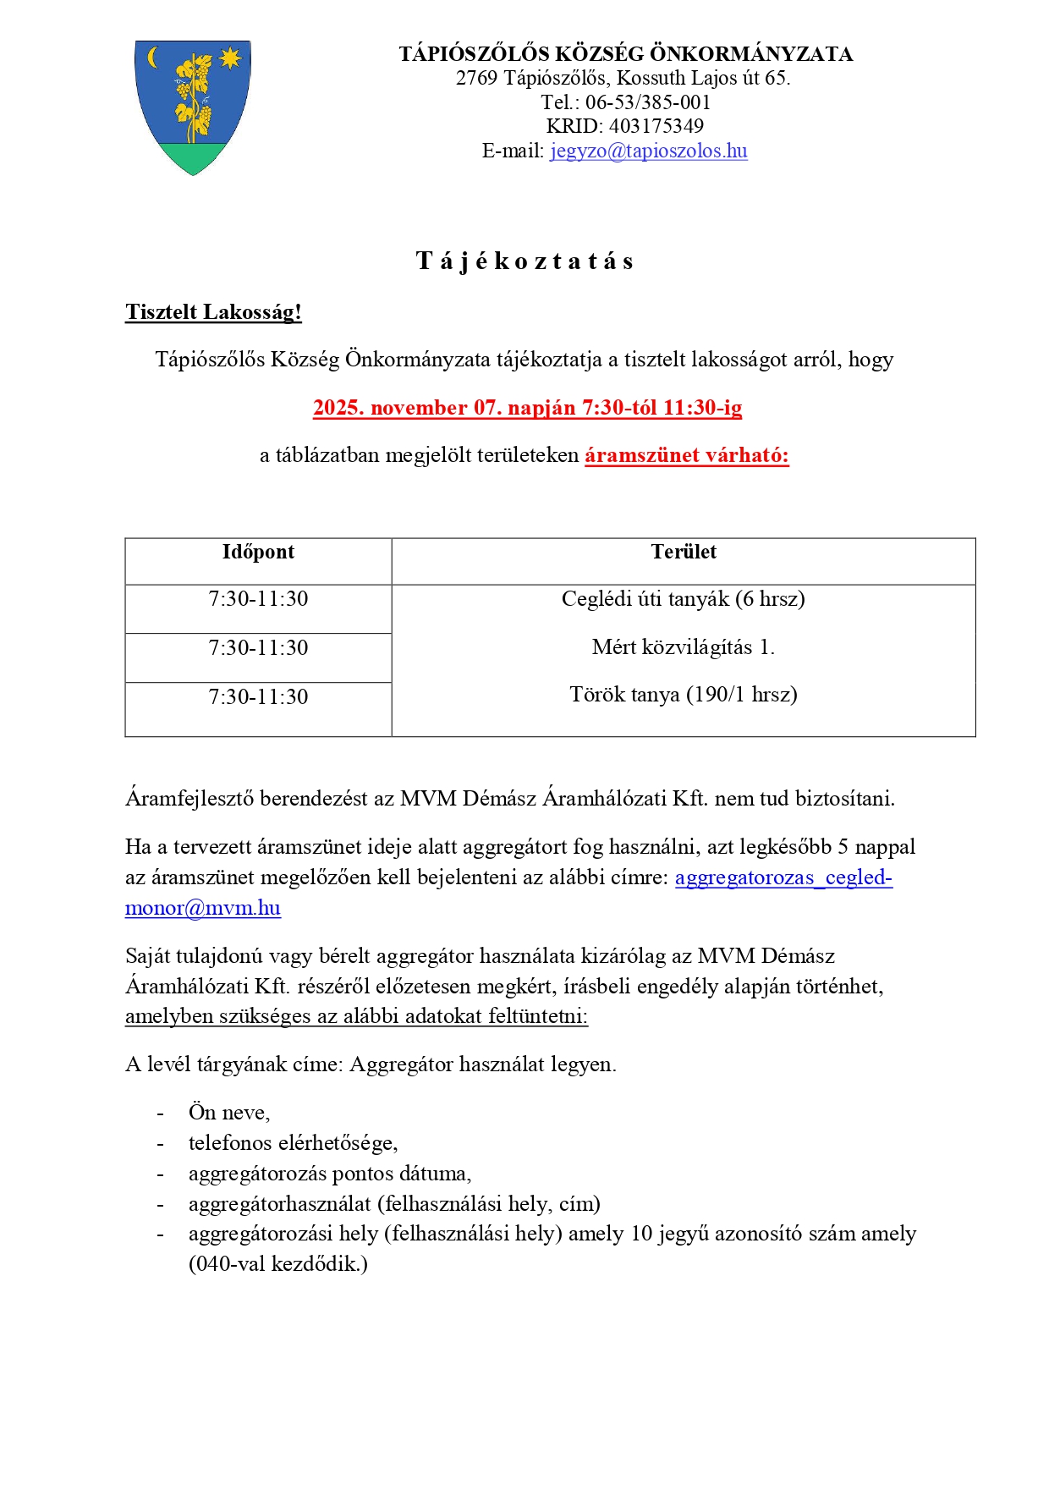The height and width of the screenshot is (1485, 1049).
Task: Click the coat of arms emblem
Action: pyautogui.click(x=193, y=106)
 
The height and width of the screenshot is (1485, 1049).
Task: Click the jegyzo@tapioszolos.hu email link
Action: pyautogui.click(x=648, y=151)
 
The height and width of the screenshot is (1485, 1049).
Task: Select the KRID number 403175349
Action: pyautogui.click(x=656, y=126)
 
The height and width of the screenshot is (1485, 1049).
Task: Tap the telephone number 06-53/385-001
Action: pyautogui.click(x=648, y=102)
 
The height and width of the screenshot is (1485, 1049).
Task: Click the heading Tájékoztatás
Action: pyautogui.click(x=524, y=261)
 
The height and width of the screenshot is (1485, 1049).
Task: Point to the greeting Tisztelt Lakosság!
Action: pyautogui.click(x=213, y=312)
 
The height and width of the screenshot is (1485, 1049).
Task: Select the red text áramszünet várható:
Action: pyautogui.click(x=686, y=455)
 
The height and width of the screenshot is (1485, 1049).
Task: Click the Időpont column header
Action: pyautogui.click(x=258, y=552)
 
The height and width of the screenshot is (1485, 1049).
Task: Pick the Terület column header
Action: pyautogui.click(x=684, y=552)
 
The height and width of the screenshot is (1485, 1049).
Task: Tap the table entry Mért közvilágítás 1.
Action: pyautogui.click(x=683, y=647)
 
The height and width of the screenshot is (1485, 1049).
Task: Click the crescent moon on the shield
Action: pyautogui.click(x=153, y=58)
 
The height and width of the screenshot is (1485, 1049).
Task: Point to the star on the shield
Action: pyautogui.click(x=229, y=58)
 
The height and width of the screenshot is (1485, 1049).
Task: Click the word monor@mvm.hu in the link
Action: pyautogui.click(x=203, y=908)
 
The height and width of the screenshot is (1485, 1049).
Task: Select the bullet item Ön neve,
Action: pyautogui.click(x=229, y=1112)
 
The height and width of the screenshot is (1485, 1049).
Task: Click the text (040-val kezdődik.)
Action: pyautogui.click(x=278, y=1264)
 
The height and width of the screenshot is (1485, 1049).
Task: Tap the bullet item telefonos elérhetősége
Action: pyautogui.click(x=293, y=1143)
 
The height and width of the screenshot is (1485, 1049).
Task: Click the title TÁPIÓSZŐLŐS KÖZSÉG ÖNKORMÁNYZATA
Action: pyautogui.click(x=625, y=54)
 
